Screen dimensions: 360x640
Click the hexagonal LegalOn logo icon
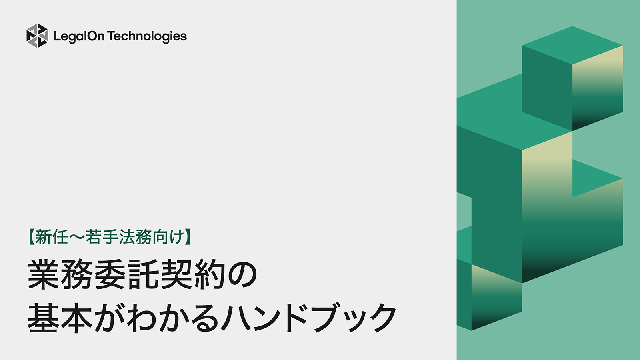click(x=37, y=36)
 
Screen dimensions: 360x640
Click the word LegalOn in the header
click(x=79, y=36)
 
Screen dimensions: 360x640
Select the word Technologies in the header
click(x=147, y=36)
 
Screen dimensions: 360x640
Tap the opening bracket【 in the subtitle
click(x=31, y=237)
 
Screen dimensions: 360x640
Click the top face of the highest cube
click(x=572, y=45)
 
